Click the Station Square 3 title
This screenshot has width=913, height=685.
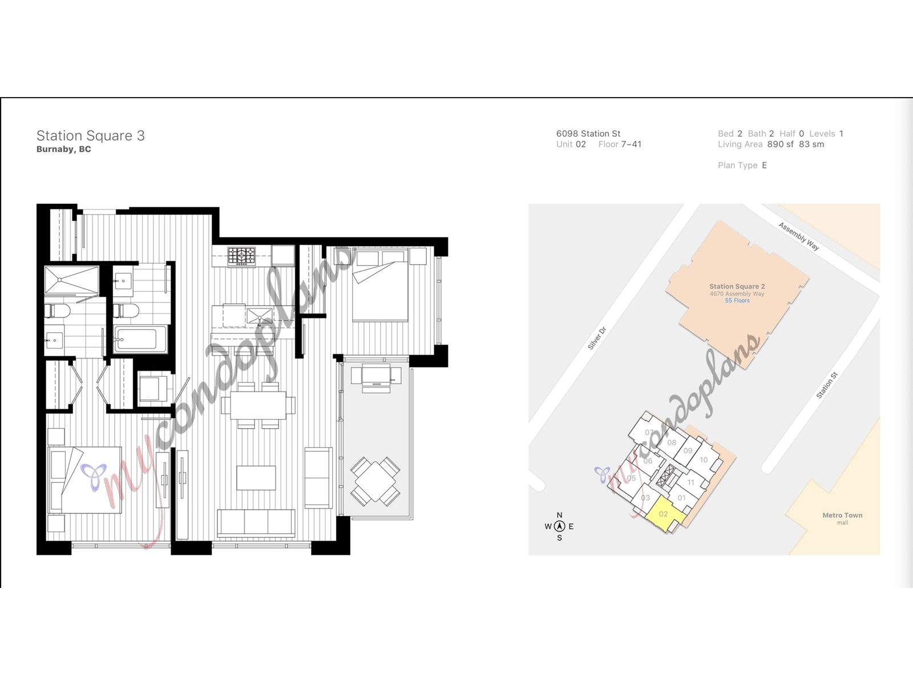pos(90,136)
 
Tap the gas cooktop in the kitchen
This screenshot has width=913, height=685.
pos(242,256)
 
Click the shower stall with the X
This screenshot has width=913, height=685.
pos(71,280)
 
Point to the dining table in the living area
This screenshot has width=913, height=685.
pos(258,405)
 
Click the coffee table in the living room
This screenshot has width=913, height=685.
pos(256,478)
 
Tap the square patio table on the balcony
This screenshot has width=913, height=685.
pos(375,481)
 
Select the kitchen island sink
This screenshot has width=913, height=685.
pos(260,316)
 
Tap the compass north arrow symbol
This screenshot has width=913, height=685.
pos(559,526)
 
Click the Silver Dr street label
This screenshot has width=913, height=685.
pos(597,338)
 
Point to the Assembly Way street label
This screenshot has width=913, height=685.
pos(799,236)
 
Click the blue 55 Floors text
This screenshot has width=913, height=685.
pos(737,301)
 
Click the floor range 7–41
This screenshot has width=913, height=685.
pos(632,144)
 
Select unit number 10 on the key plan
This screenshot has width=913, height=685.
pos(704,460)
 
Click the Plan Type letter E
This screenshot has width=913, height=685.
pos(765,166)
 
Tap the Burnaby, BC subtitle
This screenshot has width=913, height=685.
pos(64,150)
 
